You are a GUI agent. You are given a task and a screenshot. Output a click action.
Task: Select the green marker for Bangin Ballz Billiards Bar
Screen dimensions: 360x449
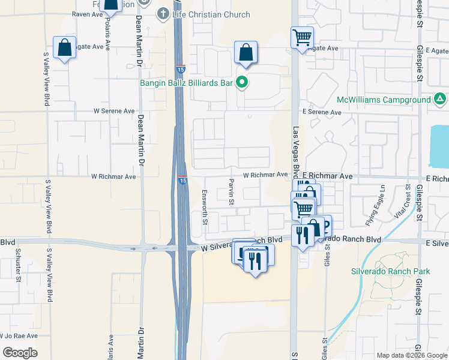coord(241,83)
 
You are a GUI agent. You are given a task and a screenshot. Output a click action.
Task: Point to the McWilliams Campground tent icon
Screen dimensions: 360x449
coord(439,99)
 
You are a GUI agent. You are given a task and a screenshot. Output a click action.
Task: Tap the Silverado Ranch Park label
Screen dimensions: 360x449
coord(390,271)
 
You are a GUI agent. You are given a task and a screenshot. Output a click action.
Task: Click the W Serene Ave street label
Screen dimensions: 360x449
coord(114,111)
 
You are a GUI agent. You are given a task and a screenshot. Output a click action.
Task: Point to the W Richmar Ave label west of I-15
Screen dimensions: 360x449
coord(113,176)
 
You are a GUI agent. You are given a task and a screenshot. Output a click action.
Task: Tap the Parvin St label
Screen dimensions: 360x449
coord(231,191)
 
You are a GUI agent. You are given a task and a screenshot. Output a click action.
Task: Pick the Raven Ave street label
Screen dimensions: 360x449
coord(88,13)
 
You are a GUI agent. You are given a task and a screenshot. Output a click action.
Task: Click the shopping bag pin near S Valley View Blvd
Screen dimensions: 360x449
coord(64,49)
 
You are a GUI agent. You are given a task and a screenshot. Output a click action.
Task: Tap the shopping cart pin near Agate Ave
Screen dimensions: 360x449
coord(302,38)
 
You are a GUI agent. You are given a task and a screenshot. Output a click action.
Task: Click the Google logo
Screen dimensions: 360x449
coord(20,352)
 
